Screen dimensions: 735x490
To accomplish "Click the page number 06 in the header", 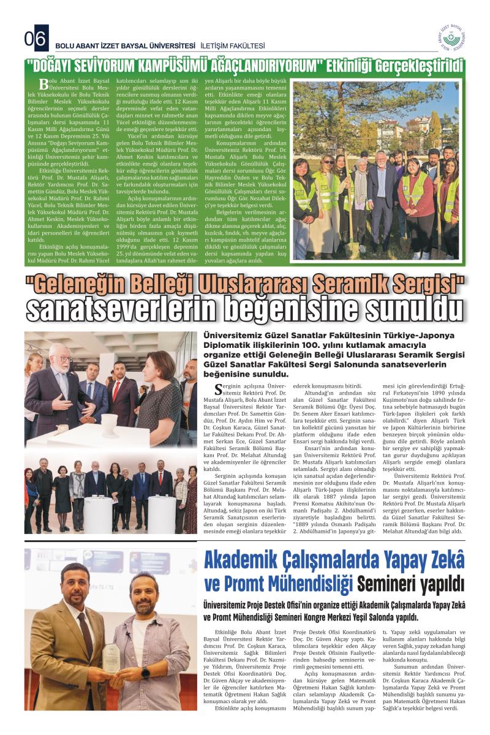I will [x=36, y=40].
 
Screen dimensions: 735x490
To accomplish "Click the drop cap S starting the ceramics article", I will [x=219, y=388].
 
